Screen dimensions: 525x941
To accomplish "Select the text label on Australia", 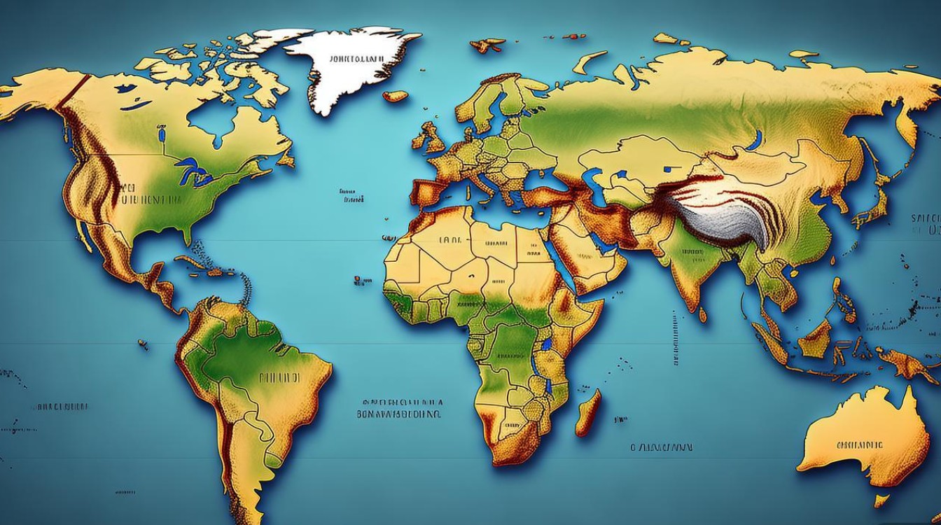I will [x=859, y=444].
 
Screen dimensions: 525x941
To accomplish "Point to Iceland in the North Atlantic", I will [x=396, y=96].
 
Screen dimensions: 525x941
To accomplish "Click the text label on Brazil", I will [x=279, y=377].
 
